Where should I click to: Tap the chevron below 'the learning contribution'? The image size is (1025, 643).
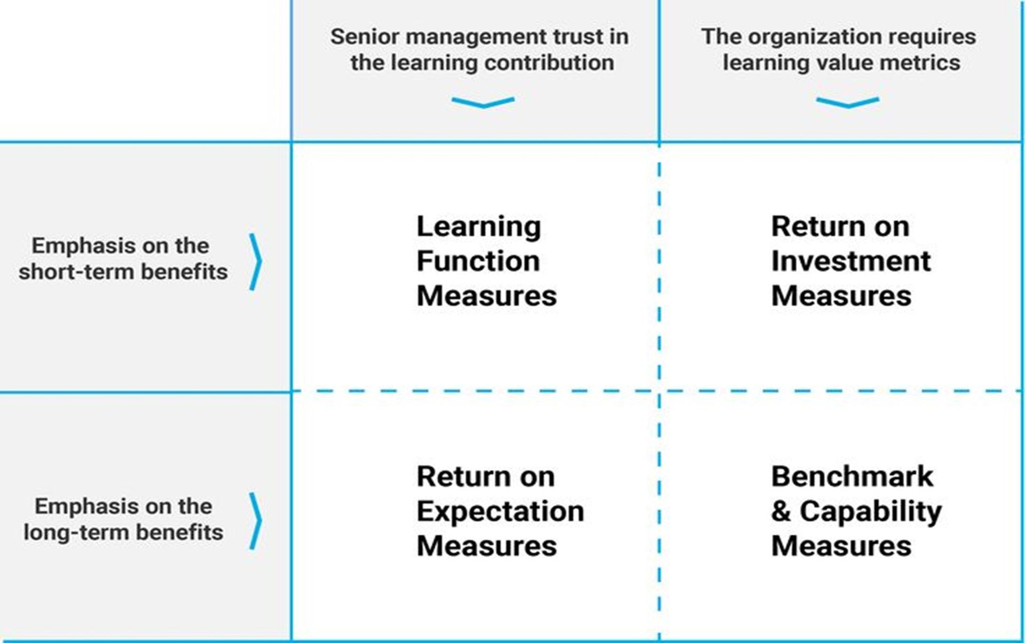(x=483, y=102)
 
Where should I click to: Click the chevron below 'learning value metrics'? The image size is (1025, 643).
(x=847, y=102)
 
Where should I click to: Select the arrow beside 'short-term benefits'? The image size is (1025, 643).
(x=256, y=261)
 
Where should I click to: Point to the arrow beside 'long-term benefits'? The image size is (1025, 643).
(x=256, y=521)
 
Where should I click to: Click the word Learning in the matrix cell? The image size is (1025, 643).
(x=479, y=227)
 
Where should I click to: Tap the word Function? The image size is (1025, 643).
(x=478, y=261)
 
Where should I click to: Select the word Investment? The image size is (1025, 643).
(x=851, y=261)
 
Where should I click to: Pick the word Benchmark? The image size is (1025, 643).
(x=853, y=476)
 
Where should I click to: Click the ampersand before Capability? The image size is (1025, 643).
(x=781, y=511)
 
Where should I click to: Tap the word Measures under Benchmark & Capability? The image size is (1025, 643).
(x=841, y=546)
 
